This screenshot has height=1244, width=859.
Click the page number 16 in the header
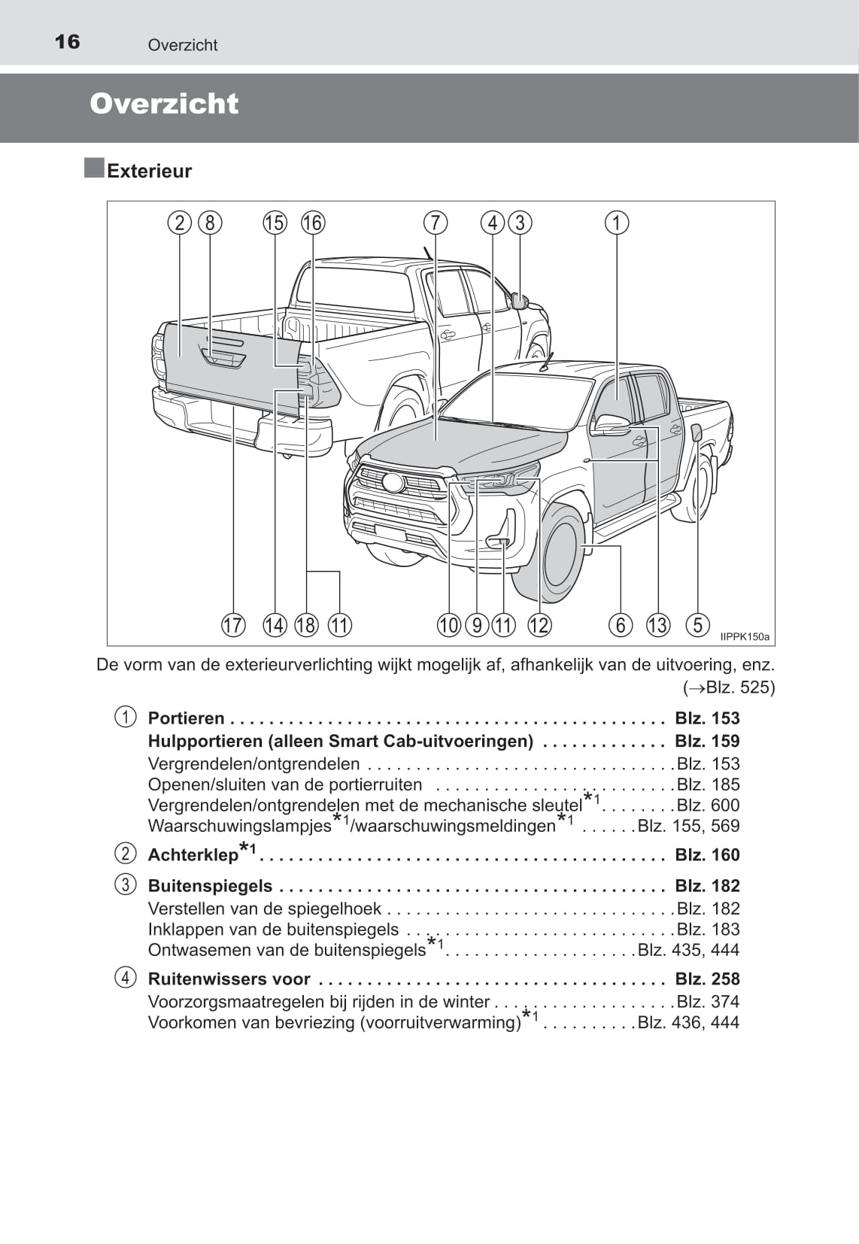(67, 41)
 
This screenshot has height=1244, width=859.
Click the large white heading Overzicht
(164, 104)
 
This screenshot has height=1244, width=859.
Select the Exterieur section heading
(149, 171)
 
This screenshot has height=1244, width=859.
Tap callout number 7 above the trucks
(435, 223)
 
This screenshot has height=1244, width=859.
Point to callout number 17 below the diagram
(233, 625)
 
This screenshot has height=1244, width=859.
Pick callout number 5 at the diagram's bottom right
(698, 624)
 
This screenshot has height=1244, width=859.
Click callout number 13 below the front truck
(657, 625)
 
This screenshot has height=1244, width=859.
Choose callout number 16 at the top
(312, 223)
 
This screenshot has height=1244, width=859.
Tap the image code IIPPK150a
(745, 637)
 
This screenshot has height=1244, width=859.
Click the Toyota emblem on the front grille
(393, 482)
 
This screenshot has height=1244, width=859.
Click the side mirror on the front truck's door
(611, 425)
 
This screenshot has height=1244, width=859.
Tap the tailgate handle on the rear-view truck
(223, 359)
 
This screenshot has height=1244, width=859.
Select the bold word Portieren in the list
(186, 718)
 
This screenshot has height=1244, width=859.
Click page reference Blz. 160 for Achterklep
(707, 855)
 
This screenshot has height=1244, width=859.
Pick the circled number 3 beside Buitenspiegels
(126, 884)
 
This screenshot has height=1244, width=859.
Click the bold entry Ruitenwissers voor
(229, 979)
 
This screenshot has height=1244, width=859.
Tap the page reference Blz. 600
(708, 806)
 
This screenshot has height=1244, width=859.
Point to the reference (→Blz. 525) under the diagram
(728, 687)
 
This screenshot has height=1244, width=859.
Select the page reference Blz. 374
(708, 1002)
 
